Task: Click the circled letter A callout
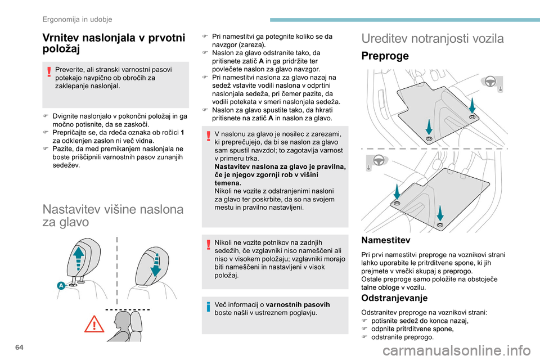coord(60,286)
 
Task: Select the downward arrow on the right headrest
coord(156,264)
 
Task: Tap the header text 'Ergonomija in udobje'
coord(78,19)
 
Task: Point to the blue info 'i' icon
coord(208,307)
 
